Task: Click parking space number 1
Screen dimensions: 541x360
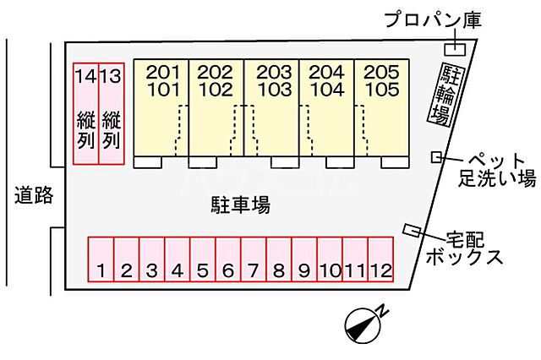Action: click(x=101, y=259)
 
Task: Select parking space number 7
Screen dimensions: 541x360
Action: click(x=253, y=259)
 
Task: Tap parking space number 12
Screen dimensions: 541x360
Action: click(x=380, y=259)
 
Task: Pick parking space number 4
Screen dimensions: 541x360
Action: click(x=177, y=259)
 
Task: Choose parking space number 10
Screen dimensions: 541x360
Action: click(x=330, y=259)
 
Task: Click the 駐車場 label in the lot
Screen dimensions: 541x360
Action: click(x=240, y=204)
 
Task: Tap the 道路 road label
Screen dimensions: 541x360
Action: click(x=34, y=196)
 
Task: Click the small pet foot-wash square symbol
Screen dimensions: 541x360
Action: click(x=436, y=156)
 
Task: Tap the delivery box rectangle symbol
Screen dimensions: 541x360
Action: click(x=413, y=230)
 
